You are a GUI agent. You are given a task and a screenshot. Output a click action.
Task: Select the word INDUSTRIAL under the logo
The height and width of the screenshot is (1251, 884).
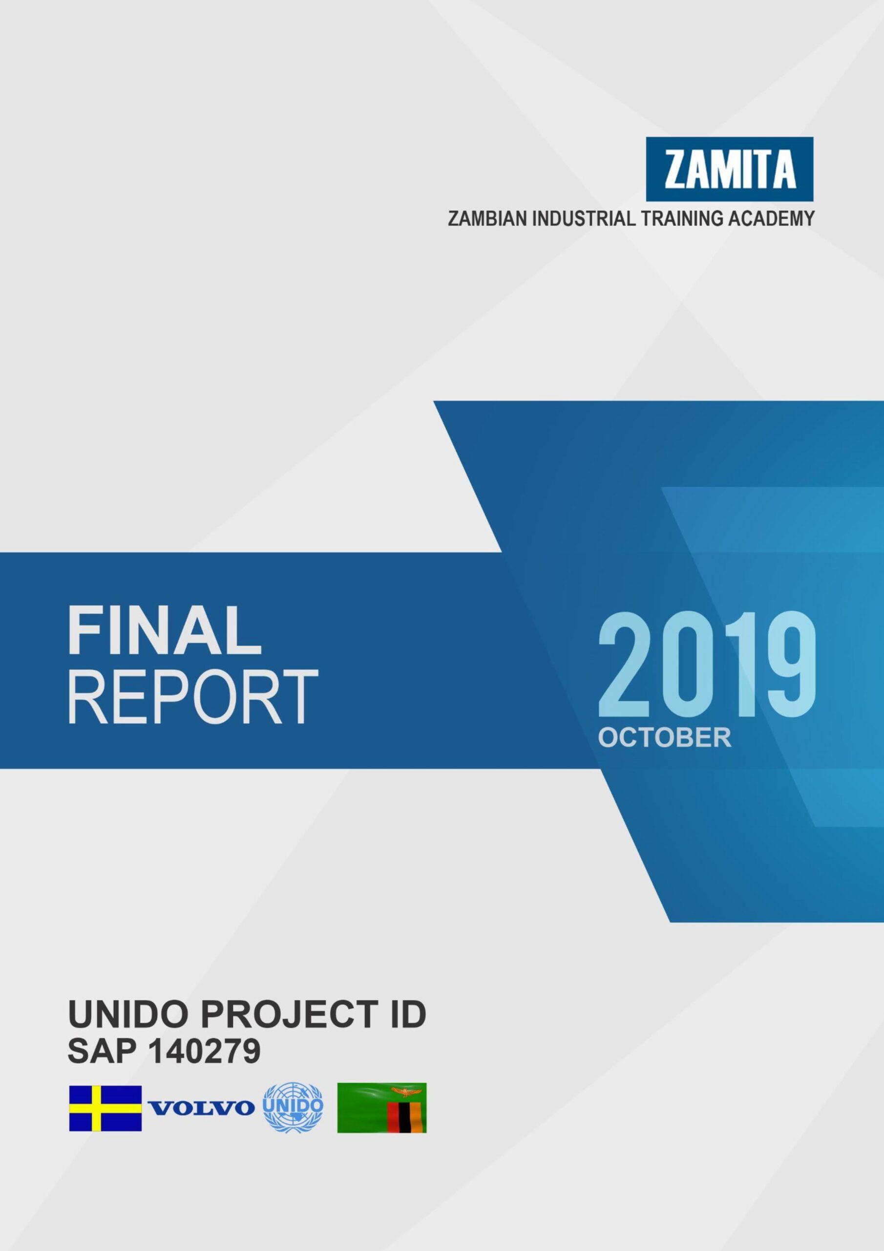click(583, 219)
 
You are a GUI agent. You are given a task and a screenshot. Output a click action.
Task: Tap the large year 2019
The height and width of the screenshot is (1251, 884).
click(707, 669)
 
